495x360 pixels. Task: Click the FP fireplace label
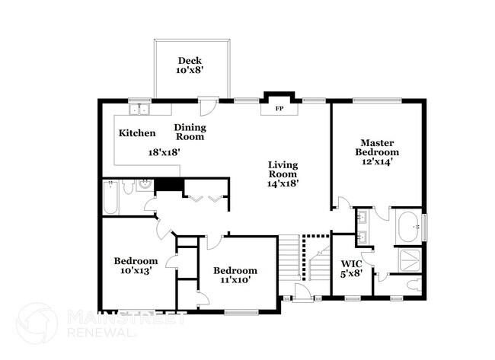(x=275, y=108)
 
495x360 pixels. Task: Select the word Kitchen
(x=137, y=133)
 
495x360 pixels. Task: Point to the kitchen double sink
(x=139, y=110)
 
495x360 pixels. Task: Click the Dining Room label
(x=190, y=132)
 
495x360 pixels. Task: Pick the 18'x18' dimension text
(x=164, y=151)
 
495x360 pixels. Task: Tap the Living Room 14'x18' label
(x=282, y=174)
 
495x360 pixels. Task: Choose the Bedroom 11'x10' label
(x=235, y=275)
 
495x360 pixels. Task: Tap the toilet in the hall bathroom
(x=126, y=185)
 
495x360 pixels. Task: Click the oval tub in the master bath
(x=410, y=225)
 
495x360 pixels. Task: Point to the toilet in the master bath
(x=413, y=285)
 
